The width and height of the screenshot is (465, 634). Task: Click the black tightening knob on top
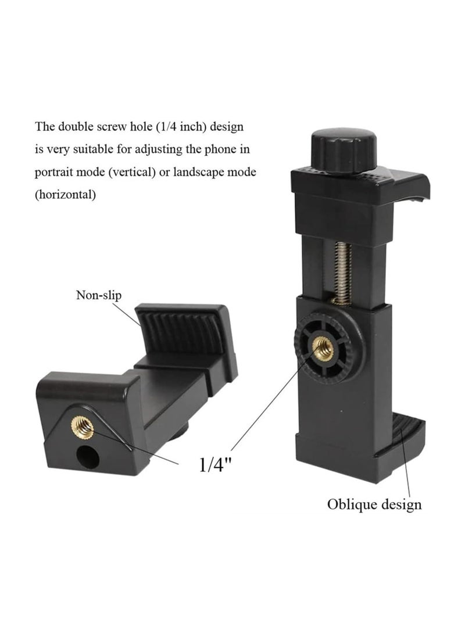point(344,150)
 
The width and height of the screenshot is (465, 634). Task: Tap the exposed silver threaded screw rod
point(343,273)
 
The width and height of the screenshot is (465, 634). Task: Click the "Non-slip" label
point(99,295)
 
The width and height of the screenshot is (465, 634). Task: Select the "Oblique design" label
point(374,504)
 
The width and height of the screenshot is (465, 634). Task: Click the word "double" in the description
point(75,127)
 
